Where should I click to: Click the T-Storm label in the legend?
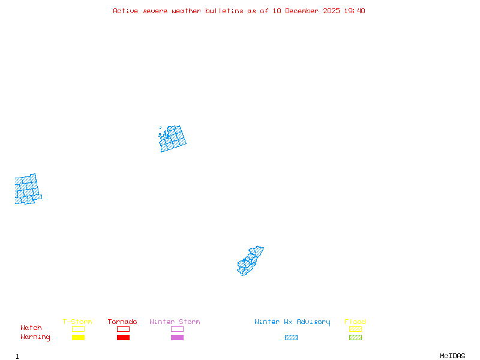(x=77, y=322)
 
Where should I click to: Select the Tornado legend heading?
(x=122, y=322)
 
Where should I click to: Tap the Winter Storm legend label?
(x=175, y=322)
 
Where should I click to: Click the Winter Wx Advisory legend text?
(x=292, y=322)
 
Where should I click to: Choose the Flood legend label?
(x=355, y=322)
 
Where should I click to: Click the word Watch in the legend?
(x=31, y=328)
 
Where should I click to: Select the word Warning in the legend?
(x=35, y=337)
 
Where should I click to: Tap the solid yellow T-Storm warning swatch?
(x=78, y=338)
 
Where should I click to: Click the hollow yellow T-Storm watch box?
(x=78, y=329)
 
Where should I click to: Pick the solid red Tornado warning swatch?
(x=123, y=338)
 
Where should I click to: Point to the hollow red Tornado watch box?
(x=123, y=329)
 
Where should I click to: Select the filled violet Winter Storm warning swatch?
(x=177, y=338)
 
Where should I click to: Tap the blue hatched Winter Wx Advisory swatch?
(x=291, y=338)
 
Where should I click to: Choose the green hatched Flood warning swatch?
(x=355, y=338)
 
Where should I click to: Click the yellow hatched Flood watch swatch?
(x=355, y=329)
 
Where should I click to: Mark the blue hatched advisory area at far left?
(x=27, y=189)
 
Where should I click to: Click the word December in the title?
(x=304, y=11)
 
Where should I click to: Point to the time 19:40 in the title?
(x=355, y=11)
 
